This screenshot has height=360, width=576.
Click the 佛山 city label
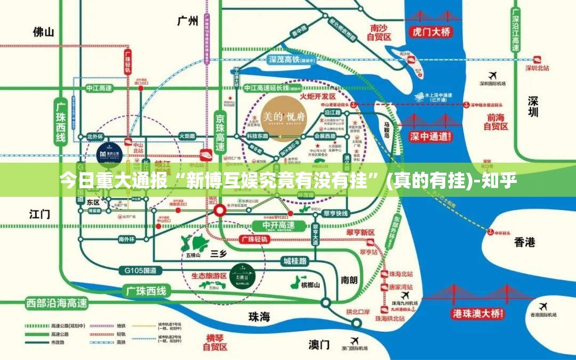click(x=43, y=32)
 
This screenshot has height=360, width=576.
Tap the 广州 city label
click(x=187, y=21)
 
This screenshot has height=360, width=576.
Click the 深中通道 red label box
click(x=429, y=137)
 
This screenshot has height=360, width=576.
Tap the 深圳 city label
click(x=533, y=106)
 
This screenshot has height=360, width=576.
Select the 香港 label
click(x=525, y=243)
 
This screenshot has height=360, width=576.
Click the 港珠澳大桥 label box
click(x=477, y=314)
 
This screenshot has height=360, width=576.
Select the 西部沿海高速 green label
click(x=57, y=303)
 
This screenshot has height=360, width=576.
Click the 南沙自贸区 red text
click(x=379, y=32)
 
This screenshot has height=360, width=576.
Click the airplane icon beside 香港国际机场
click(x=543, y=307)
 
